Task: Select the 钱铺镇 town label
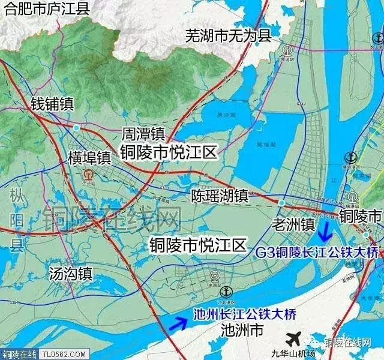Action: click(x=52, y=104)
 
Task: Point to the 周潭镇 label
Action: click(x=143, y=133)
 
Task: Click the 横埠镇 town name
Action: click(x=89, y=158)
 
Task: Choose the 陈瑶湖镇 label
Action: click(x=220, y=195)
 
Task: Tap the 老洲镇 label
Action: click(x=293, y=224)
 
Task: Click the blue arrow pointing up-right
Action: click(x=178, y=323)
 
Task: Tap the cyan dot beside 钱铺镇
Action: click(x=76, y=127)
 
